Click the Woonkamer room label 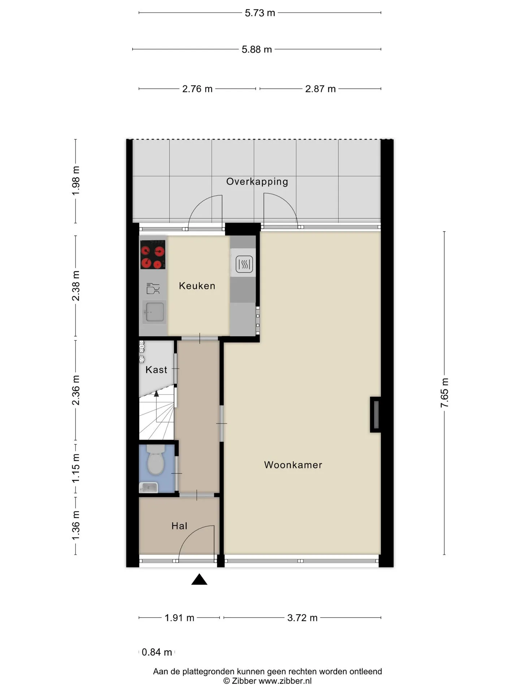point(293,465)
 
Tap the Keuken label point(197,286)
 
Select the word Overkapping point(257,182)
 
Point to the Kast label point(156,370)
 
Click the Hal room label point(179,526)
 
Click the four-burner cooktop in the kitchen point(153,255)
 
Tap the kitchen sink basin point(154,312)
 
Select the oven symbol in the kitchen point(244,264)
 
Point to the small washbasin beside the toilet point(149,487)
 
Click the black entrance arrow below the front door point(199,579)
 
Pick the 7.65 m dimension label point(444,393)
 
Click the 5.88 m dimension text point(257,49)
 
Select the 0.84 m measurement point(157,652)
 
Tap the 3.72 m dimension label point(302,618)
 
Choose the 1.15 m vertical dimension point(76,468)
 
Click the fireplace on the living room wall point(375,415)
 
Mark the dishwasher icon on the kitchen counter point(153,288)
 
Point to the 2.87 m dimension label point(320,89)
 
